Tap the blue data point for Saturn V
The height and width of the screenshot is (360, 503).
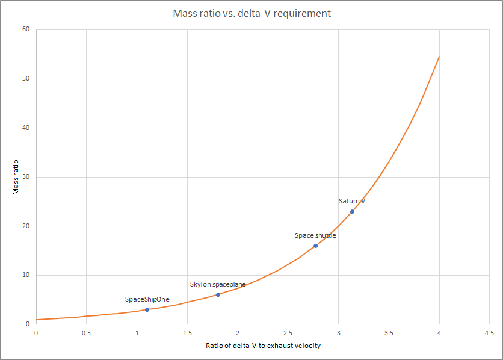352,211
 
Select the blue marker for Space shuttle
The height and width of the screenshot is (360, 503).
315,246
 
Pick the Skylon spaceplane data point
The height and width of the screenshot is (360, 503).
218,294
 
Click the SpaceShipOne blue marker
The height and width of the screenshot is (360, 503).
147,309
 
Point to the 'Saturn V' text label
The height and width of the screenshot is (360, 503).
352,201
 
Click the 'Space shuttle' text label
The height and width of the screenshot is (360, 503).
315,235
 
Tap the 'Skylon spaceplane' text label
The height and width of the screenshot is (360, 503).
218,284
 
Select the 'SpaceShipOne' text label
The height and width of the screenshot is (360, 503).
147,299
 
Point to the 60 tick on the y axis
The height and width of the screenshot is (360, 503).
26,29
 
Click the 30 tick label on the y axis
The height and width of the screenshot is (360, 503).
26,177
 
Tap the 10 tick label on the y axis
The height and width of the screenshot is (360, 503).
26,275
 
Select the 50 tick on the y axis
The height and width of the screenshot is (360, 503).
26,79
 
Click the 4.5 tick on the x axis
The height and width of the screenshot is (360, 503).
489,332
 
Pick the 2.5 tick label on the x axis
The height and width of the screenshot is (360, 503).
288,332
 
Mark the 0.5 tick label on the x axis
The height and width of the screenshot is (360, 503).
86,332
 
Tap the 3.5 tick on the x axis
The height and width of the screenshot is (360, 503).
389,332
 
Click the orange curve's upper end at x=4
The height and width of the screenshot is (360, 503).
439,57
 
